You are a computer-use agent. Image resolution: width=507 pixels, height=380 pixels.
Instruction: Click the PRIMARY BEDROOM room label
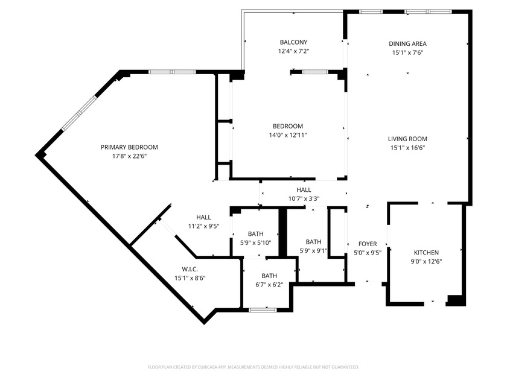[x=129, y=147]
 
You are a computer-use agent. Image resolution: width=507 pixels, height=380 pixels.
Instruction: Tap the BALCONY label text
[x=293, y=42]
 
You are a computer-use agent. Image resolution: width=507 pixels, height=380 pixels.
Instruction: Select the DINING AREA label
[x=407, y=43]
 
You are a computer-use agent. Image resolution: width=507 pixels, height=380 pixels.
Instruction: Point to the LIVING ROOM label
[x=407, y=139]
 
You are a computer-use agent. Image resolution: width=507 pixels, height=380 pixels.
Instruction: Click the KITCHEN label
[x=426, y=253]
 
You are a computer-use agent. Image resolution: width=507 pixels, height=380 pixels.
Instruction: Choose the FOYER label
[x=368, y=244]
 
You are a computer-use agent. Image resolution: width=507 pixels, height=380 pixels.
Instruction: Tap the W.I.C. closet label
[x=190, y=269]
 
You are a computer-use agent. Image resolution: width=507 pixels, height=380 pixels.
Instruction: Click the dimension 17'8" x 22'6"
[x=129, y=156]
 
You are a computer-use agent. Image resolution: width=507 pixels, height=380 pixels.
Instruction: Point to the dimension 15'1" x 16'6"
[x=407, y=148]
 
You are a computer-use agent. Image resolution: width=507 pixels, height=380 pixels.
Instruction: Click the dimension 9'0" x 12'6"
[x=426, y=262]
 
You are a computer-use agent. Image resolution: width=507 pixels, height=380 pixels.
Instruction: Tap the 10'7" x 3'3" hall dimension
[x=304, y=198]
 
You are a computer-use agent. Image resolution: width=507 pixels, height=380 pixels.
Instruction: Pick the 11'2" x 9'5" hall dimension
[x=203, y=227]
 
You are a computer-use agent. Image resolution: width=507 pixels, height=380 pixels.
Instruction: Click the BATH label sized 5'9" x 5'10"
[x=256, y=234]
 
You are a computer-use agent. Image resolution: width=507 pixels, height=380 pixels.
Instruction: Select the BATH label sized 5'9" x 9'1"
[x=313, y=242]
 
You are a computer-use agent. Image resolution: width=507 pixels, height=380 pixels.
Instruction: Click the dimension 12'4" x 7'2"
[x=293, y=52]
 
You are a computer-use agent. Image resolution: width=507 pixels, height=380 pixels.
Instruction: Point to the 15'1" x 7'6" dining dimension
[x=407, y=52]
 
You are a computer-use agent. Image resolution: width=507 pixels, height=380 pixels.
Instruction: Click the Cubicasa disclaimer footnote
[x=253, y=367]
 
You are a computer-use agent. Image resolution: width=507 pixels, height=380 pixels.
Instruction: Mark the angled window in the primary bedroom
[x=78, y=113]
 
